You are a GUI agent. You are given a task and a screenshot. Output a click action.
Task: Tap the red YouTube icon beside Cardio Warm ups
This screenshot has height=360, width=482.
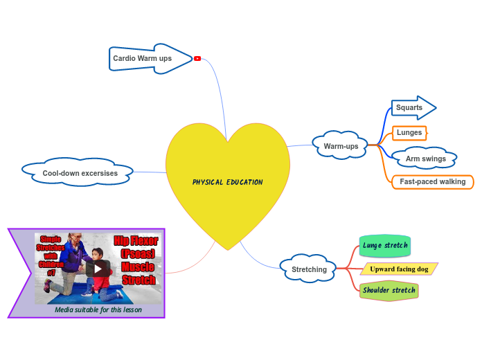197,59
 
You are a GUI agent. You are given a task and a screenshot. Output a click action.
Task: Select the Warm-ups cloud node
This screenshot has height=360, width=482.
341,146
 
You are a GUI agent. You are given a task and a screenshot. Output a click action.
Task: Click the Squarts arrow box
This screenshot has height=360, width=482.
410,108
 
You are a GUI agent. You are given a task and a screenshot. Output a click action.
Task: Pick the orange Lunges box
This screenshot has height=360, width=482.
409,132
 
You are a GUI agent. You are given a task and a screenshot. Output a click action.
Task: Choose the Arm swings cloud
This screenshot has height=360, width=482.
425,159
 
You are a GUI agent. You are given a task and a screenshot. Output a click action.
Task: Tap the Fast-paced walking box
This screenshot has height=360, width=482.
432,182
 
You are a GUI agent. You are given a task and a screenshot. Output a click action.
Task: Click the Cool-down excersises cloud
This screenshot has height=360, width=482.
79,173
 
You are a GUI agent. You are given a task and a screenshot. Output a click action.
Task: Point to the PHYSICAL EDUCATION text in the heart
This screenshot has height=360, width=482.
227,183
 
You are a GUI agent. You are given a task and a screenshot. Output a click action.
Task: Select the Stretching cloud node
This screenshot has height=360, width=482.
309,269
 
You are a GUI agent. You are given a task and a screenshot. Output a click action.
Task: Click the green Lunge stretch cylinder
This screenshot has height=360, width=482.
384,246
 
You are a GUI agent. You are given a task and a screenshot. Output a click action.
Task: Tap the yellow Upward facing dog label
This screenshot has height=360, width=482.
398,269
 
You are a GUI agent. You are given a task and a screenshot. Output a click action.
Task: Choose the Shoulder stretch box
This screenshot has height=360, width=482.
388,291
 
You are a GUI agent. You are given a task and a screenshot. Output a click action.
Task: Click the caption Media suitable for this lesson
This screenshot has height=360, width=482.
98,310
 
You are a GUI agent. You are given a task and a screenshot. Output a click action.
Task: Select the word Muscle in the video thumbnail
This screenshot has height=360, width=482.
139,267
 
